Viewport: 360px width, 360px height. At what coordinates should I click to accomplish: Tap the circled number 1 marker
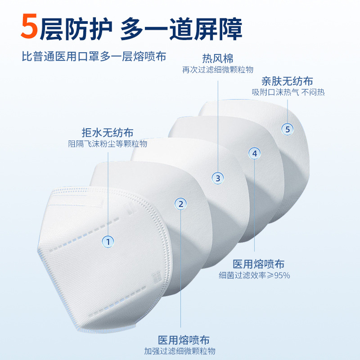[x=108, y=242]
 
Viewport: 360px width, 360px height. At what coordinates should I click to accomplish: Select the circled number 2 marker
[x=181, y=204]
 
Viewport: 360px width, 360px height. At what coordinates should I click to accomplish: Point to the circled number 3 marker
[x=218, y=178]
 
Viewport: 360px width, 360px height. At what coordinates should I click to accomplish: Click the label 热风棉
[x=218, y=59]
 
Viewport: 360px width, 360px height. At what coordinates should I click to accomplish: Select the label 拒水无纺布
[x=108, y=133]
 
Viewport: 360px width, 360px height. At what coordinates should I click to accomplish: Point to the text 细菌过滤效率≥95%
[x=254, y=275]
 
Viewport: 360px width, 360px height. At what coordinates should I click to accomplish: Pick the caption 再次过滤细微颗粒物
[x=218, y=70]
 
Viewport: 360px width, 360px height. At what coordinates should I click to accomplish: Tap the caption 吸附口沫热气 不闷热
[x=288, y=92]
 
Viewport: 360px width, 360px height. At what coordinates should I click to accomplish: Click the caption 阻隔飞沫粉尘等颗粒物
[x=108, y=144]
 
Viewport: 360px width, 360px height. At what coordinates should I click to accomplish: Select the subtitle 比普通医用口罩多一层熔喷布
[x=94, y=57]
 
